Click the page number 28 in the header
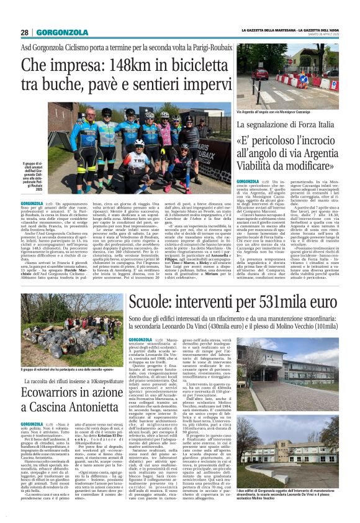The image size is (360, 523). tap(24, 32)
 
